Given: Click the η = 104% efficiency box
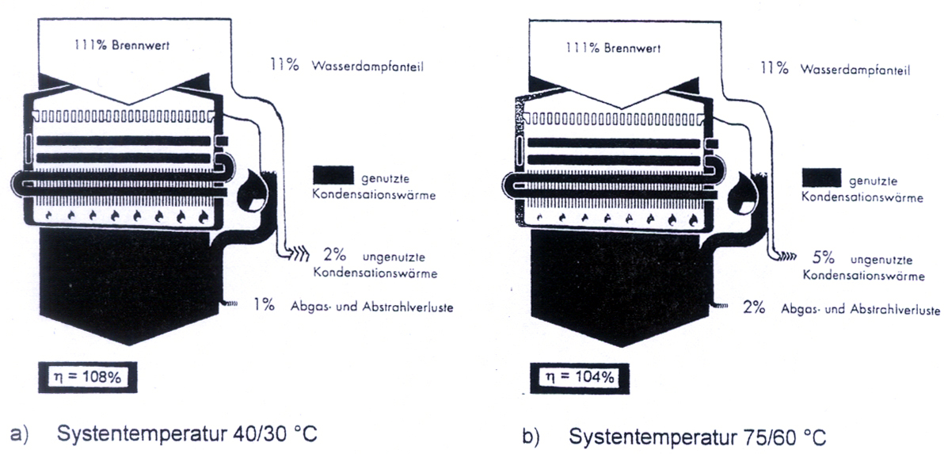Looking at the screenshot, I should pyautogui.click(x=581, y=377).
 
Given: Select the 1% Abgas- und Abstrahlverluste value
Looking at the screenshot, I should pyautogui.click(x=264, y=305).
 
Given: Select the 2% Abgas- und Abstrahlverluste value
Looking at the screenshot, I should pyautogui.click(x=753, y=307).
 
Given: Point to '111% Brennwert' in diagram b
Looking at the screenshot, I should pyautogui.click(x=604, y=47).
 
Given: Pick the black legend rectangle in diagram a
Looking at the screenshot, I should pyautogui.click(x=333, y=175).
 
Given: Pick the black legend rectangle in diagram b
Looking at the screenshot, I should pyautogui.click(x=821, y=177).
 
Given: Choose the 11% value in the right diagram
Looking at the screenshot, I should pyautogui.click(x=773, y=68).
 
